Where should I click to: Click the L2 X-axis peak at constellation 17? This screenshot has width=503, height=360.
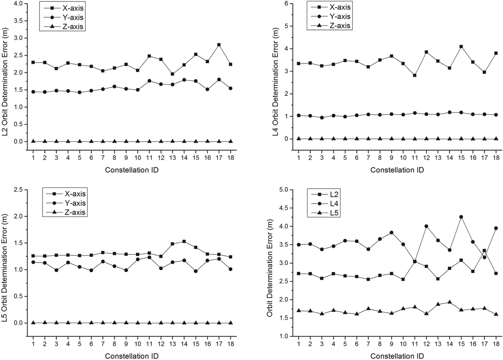pyautogui.click(x=219, y=45)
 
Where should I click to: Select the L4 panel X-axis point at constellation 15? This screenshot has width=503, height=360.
pyautogui.click(x=461, y=47)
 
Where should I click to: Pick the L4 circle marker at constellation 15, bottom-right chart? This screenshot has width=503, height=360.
pyautogui.click(x=461, y=217)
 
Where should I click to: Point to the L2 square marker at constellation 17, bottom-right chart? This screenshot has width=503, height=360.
pyautogui.click(x=484, y=250)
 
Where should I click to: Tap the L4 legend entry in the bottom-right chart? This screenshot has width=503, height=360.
pyautogui.click(x=328, y=204)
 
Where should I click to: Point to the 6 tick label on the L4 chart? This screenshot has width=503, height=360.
pyautogui.click(x=286, y=4)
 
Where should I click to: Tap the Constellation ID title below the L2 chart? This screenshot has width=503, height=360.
pyautogui.click(x=132, y=170)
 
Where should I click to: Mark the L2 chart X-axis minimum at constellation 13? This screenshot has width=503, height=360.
pyautogui.click(x=172, y=74)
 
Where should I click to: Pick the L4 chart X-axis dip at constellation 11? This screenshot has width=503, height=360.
pyautogui.click(x=415, y=75)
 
